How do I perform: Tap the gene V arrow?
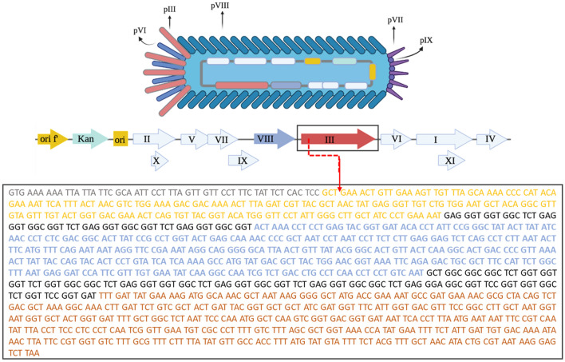(193, 139)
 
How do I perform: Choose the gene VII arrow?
(223, 139)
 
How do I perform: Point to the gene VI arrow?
(395, 139)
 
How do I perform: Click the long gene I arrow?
(444, 139)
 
